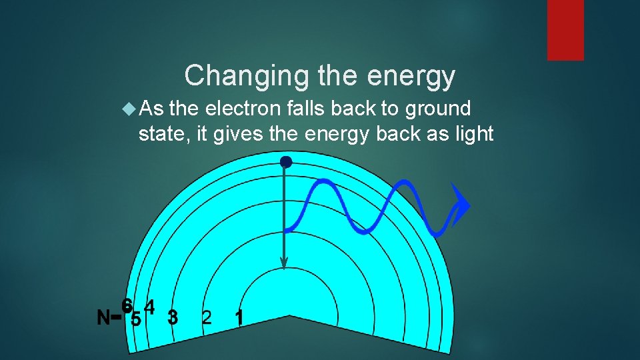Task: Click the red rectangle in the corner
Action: (x=565, y=30)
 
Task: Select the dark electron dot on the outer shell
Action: (x=286, y=162)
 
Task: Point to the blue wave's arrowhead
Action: (x=460, y=204)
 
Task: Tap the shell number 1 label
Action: (x=239, y=317)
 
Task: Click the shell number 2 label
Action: (x=207, y=317)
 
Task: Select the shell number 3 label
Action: (x=173, y=317)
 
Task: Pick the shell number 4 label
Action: (x=150, y=307)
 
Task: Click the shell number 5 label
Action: (x=135, y=319)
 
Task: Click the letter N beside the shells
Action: (x=103, y=318)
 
